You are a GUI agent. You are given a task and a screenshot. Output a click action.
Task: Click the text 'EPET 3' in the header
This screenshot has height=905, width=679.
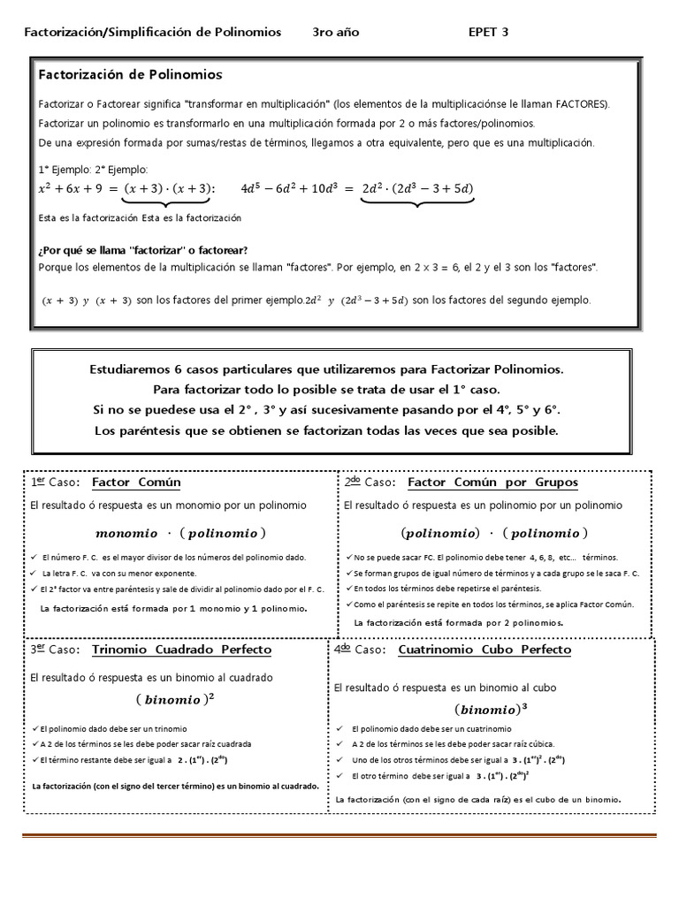tap(488, 33)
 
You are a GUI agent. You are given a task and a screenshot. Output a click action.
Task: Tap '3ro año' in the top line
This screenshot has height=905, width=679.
tap(336, 33)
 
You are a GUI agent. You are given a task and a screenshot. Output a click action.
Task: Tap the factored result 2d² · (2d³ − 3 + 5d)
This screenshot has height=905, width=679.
tap(417, 187)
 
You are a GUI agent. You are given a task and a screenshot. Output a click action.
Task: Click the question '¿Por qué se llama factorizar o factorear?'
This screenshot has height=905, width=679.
tap(143, 250)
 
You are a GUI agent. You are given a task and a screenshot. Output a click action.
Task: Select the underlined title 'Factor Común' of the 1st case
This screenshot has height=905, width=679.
tap(136, 483)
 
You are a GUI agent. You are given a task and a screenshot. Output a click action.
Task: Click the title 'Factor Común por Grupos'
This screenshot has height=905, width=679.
tap(492, 483)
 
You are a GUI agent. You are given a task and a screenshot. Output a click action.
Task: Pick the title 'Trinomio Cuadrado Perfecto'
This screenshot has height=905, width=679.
tap(181, 650)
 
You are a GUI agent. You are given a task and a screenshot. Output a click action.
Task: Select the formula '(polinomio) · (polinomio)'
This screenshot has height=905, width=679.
tap(493, 533)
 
